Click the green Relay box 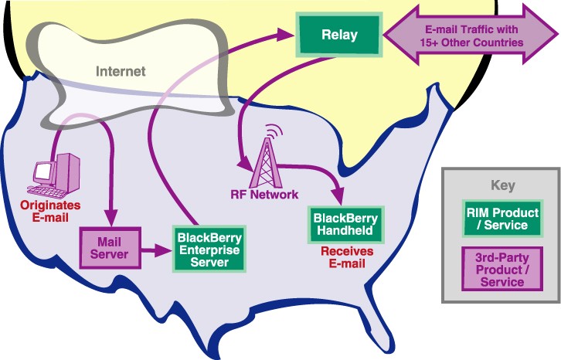pyautogui.click(x=339, y=34)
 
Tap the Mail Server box pyautogui.click(x=110, y=246)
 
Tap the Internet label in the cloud pyautogui.click(x=121, y=71)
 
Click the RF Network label pyautogui.click(x=264, y=193)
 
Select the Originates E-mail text pyautogui.click(x=49, y=209)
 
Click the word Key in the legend pyautogui.click(x=501, y=185)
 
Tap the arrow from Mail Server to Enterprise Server pyautogui.click(x=155, y=250)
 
